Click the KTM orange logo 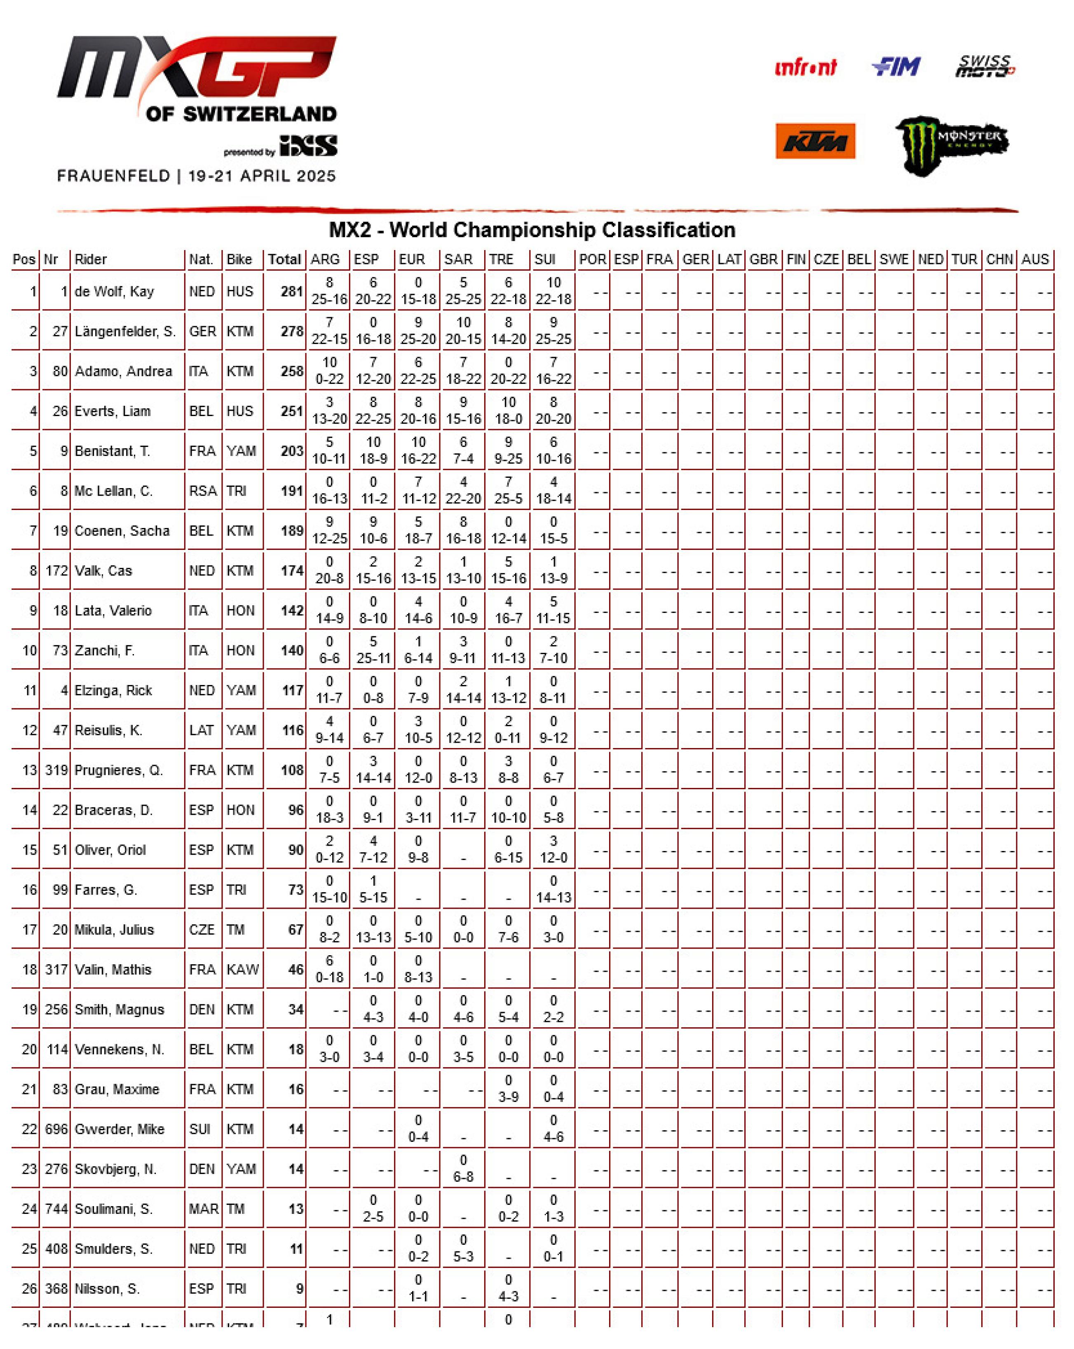(x=815, y=141)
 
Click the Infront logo (x=805, y=68)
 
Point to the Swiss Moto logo (x=985, y=66)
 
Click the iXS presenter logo (x=309, y=146)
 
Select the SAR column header (x=458, y=259)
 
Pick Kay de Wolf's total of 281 (x=292, y=292)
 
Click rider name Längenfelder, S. (x=124, y=332)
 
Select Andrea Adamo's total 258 (x=292, y=371)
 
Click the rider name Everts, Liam (x=112, y=411)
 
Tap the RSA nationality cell (x=203, y=491)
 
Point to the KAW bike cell (x=242, y=970)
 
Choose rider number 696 (x=56, y=1129)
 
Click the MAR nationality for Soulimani (x=204, y=1209)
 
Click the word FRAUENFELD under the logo (x=113, y=176)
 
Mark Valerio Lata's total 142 (x=292, y=611)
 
